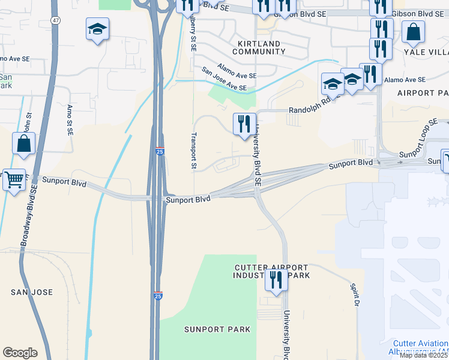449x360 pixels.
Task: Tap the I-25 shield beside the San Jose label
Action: point(158,296)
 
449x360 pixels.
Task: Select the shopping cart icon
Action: point(14,179)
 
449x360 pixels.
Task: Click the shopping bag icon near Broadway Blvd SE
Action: point(23,144)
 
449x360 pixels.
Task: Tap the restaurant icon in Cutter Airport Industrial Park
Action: point(276,280)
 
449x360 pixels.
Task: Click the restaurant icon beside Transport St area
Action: point(244,124)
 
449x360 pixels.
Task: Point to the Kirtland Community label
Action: point(258,48)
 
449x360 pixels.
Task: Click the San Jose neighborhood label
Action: point(32,292)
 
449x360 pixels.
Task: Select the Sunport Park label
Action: point(209,329)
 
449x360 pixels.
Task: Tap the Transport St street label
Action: point(194,150)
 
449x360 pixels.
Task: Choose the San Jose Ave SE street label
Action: point(224,79)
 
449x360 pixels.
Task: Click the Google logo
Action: point(20,353)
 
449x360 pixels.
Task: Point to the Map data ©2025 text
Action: point(424,355)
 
